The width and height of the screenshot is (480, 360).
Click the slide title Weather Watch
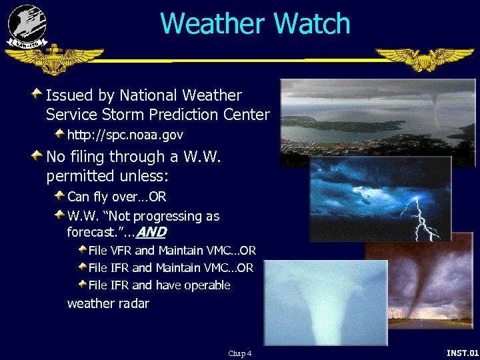point(255,23)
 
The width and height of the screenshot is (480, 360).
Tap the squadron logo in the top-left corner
point(27,25)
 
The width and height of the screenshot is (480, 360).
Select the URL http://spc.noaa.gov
point(125,135)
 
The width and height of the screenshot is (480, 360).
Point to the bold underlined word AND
point(151,233)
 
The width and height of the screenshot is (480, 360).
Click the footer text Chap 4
point(239,353)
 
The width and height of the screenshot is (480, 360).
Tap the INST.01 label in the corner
point(462,353)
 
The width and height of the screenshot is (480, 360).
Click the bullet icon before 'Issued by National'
point(39,93)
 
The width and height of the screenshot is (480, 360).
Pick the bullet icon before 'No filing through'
point(39,155)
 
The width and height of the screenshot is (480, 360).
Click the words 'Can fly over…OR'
point(117,197)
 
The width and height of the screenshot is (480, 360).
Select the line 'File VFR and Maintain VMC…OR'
point(172,251)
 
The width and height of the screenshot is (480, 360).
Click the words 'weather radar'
point(108,303)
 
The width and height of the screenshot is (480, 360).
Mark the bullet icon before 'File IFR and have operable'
point(82,284)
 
